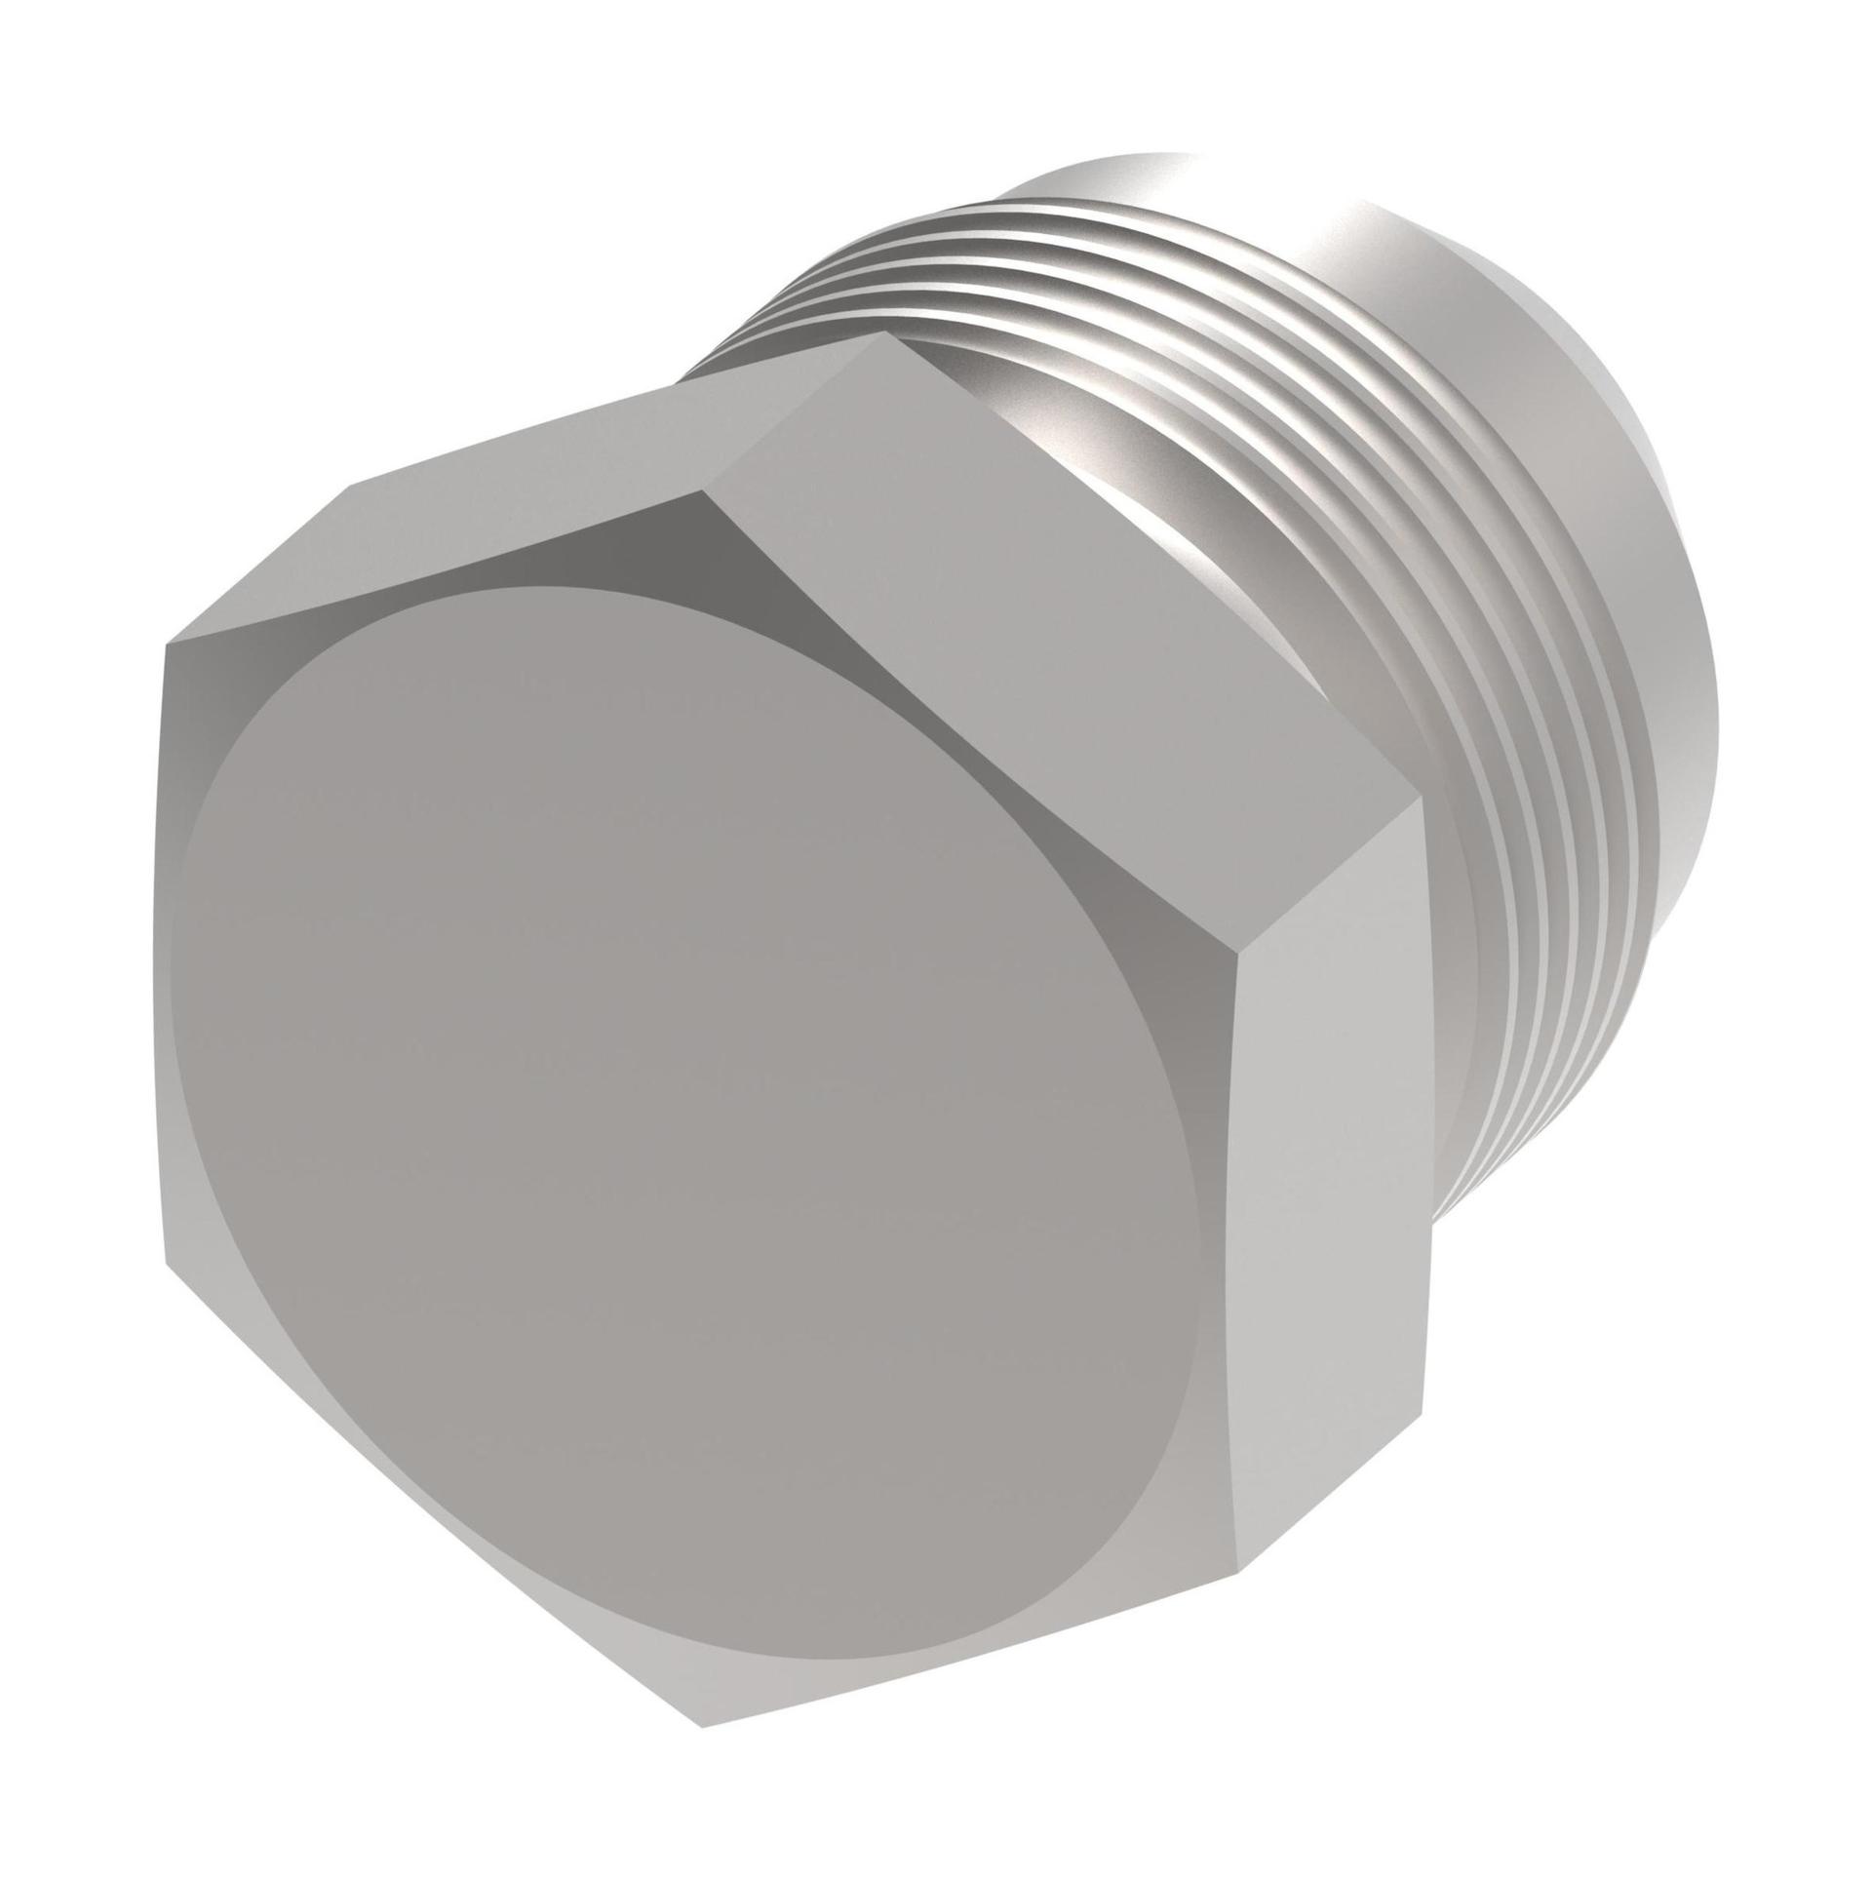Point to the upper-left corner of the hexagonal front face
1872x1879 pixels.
(166, 644)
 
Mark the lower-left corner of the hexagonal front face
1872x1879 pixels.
(166, 1268)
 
